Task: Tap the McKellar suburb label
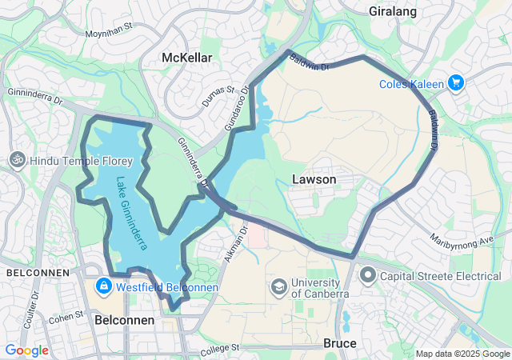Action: [186, 58]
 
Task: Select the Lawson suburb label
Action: [314, 179]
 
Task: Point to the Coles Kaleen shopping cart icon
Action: [456, 82]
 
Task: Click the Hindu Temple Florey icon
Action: [15, 160]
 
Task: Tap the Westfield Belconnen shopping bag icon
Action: [103, 286]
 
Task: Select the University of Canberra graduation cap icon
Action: [278, 286]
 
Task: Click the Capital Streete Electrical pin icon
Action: [368, 276]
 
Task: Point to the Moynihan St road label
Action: [111, 34]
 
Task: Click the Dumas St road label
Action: [218, 94]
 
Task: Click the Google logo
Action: [26, 350]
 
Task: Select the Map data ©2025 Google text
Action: [462, 354]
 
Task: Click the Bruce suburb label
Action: [339, 343]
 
